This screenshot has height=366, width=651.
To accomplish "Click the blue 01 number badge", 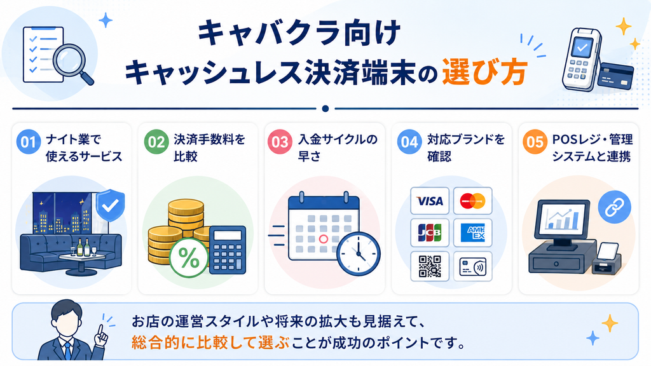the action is [28, 142].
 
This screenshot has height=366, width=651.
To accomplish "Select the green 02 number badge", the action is [156, 142].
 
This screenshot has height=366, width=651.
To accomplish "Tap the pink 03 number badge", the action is [280, 142].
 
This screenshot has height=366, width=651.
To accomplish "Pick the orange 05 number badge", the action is [535, 142].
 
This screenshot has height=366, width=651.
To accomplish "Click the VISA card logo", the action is [430, 201].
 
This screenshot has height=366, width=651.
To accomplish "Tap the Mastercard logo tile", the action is [473, 201].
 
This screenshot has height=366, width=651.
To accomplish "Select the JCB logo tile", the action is [430, 233].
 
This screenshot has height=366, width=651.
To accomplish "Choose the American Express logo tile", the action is [473, 233].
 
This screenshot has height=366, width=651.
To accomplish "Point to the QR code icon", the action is [430, 266].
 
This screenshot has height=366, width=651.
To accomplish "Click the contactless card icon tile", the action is [473, 266].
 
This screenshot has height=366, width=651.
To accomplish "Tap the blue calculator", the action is [228, 250].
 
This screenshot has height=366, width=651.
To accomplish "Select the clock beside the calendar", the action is [359, 253].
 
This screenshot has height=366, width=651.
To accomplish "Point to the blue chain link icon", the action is [615, 207].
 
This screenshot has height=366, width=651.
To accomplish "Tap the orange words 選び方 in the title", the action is [484, 72].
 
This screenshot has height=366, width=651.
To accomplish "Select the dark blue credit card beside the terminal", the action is [615, 76].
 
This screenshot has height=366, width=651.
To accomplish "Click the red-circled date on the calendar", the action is [324, 239].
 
